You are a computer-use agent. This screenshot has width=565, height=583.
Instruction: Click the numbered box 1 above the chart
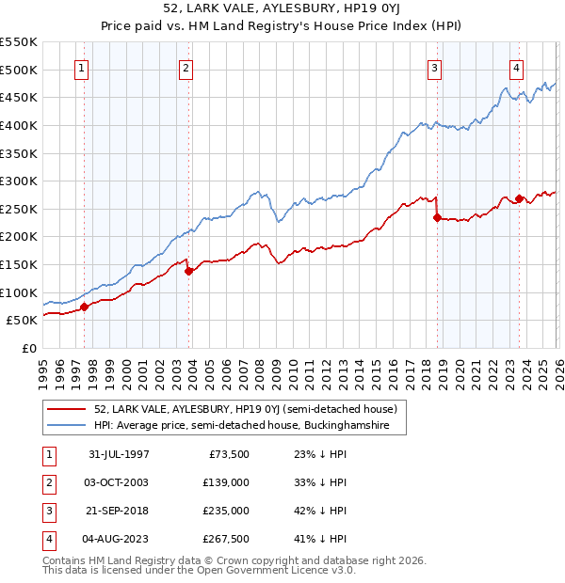[83, 67]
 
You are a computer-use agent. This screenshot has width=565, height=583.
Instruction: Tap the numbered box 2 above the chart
[186, 67]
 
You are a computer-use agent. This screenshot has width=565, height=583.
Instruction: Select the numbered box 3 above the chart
[435, 67]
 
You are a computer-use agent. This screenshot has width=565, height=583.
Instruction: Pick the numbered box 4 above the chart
[517, 67]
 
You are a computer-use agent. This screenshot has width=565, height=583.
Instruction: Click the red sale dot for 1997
[85, 307]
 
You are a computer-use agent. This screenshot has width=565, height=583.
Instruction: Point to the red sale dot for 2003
[188, 271]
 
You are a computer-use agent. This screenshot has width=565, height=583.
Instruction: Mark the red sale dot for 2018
[437, 217]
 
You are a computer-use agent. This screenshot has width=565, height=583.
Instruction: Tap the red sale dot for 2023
[519, 199]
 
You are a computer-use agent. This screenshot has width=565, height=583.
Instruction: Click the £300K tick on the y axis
[19, 181]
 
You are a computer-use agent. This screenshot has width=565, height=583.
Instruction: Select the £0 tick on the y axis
[29, 348]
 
